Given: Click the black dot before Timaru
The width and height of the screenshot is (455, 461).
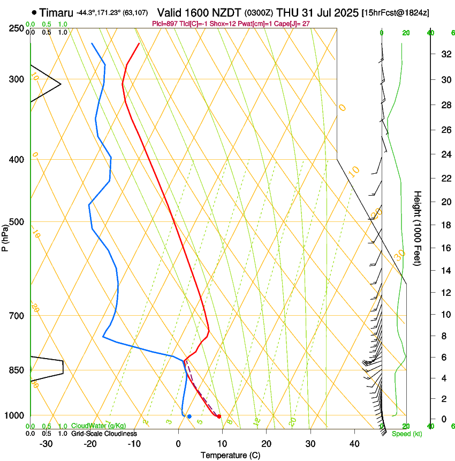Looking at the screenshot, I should tap(35, 12).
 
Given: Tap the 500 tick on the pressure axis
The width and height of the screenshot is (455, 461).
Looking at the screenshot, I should tap(16, 222).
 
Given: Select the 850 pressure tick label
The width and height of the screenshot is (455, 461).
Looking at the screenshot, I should tap(16, 370).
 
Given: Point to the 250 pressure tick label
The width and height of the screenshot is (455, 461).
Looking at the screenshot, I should tap(16, 28).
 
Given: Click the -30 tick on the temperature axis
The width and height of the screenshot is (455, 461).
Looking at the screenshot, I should tap(46, 443).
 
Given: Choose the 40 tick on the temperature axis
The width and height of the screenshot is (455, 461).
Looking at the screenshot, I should tap(354, 443).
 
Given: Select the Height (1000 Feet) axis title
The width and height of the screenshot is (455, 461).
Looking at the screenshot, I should tap(418, 228).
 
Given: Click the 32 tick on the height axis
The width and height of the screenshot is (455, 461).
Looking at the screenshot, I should tap(445, 54).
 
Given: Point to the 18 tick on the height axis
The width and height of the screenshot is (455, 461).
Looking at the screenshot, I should tap(445, 225).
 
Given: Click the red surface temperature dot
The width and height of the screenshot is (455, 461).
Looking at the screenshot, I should tap(219, 417).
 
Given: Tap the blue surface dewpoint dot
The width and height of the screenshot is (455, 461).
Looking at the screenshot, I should tap(189, 417).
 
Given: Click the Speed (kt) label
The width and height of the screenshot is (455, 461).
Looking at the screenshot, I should tap(407, 433).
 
